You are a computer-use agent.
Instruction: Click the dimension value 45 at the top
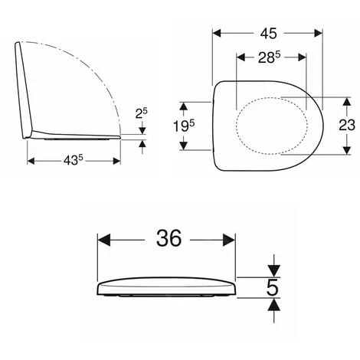(268, 33)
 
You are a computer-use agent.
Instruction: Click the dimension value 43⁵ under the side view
(74, 162)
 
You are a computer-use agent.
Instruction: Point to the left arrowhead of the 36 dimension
(103, 238)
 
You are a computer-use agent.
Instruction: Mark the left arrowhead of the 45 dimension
(218, 33)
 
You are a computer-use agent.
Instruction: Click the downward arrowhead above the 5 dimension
(273, 270)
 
